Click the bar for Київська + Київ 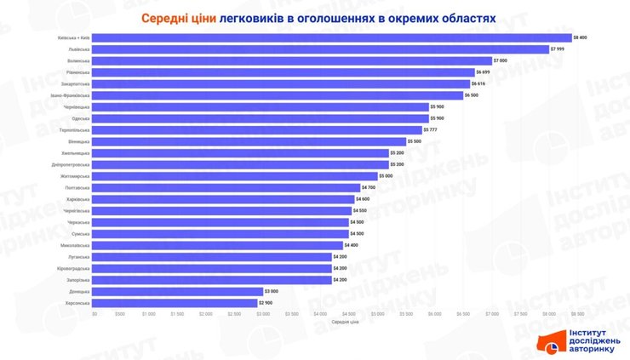point(332,37)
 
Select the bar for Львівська point(321,49)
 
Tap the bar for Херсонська point(175,303)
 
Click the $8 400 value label point(581,37)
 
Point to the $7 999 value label point(558,49)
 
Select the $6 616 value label point(479,84)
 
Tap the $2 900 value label point(266,303)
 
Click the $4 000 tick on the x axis point(321,314)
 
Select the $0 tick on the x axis point(94,314)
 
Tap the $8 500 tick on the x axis point(577,314)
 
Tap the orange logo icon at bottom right point(548,342)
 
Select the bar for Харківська point(223,199)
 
